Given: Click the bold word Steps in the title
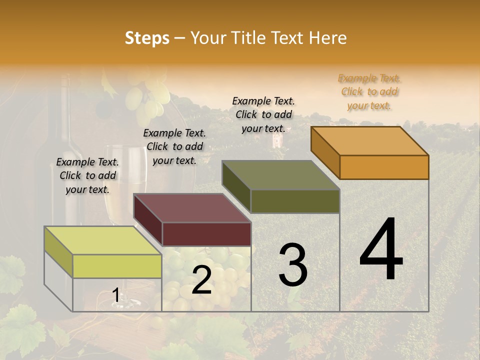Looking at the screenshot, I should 147,38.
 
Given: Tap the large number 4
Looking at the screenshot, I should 381,250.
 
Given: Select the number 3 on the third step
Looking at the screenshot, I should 292,265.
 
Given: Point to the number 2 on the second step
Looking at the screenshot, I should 201,280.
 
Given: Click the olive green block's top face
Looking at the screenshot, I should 281,175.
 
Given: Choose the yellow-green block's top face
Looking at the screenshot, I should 103,240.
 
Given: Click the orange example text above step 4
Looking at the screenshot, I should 369,91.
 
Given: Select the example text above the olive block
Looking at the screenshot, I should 263,114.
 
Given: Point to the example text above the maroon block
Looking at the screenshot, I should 174,146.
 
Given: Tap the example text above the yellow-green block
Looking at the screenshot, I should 87,175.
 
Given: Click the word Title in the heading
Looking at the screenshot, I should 248,38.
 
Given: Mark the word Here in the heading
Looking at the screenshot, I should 328,38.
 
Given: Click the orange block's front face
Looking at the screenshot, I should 384,167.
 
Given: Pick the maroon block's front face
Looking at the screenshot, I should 206,234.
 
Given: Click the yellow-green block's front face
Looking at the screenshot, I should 117,266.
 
